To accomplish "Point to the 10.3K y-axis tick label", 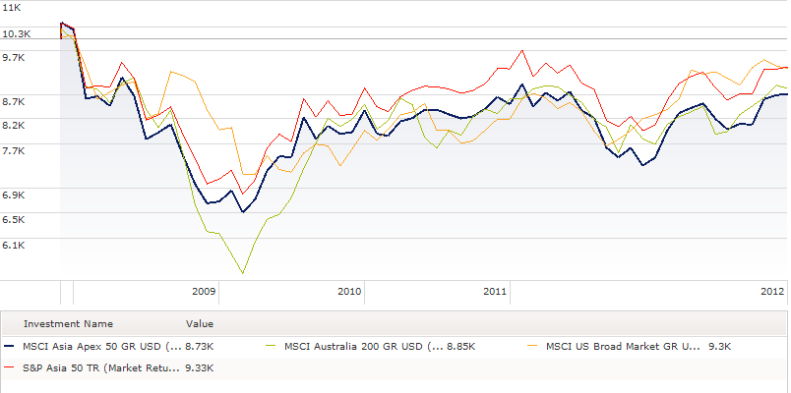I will coord(17,33).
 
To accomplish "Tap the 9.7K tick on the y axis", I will coord(14,58).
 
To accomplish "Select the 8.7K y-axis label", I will coord(14,101).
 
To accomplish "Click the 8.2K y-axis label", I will coord(14,125).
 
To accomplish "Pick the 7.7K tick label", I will coord(14,149).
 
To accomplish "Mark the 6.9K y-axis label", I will coord(14,195).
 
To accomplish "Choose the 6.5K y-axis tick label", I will coord(14,219).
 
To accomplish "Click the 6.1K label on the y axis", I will coord(14,244).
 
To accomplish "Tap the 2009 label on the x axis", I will coord(204,292).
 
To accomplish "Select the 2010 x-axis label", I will coord(349,292).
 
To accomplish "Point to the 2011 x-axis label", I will coord(495,292).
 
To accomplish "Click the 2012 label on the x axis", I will coord(772,292).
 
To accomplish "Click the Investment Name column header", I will coord(68,323).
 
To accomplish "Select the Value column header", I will coord(200,323).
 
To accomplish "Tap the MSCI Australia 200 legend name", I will coord(362,346).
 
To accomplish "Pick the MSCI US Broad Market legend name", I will coord(623,346).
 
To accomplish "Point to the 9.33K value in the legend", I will coord(200,368).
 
